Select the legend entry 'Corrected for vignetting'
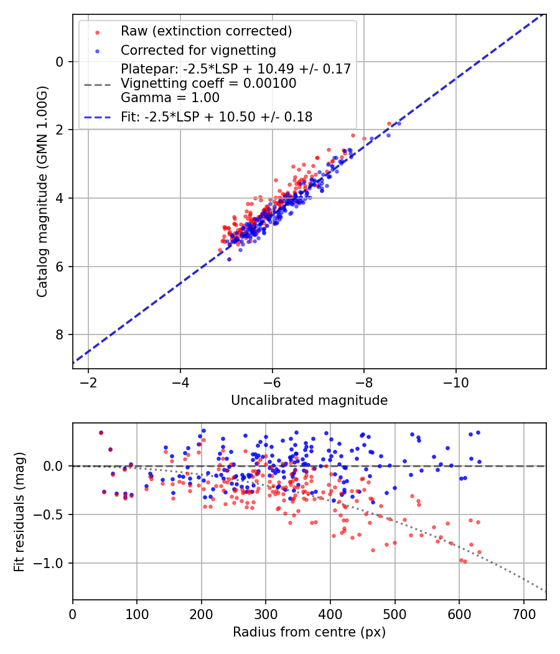click(198, 50)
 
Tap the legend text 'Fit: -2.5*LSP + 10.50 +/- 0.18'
click(217, 116)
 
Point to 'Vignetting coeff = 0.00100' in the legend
click(208, 83)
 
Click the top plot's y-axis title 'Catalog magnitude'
click(42, 191)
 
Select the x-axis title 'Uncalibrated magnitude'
click(309, 400)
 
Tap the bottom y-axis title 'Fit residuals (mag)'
click(19, 511)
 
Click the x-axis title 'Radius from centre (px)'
click(309, 632)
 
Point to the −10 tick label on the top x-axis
click(456, 381)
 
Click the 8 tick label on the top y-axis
click(60, 335)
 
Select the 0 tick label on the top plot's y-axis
click(60, 62)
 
